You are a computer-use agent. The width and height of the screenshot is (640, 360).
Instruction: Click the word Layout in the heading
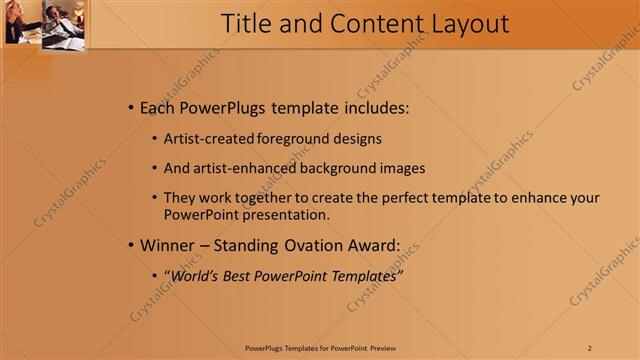pyautogui.click(x=463, y=23)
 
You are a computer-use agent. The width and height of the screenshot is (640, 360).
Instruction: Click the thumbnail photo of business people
pyautogui.click(x=44, y=24)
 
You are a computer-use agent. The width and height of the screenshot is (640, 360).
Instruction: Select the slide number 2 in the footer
pyautogui.click(x=589, y=347)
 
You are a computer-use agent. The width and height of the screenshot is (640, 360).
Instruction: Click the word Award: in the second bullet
pyautogui.click(x=371, y=245)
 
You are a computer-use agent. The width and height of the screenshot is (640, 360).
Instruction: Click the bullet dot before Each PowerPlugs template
pyautogui.click(x=130, y=107)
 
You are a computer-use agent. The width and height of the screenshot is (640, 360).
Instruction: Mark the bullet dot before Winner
pyautogui.click(x=130, y=246)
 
